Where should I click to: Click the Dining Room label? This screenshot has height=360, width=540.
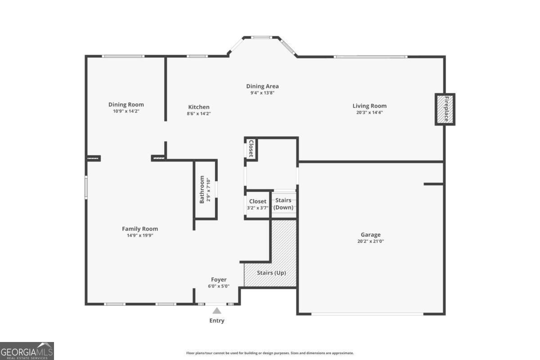click(x=126, y=104)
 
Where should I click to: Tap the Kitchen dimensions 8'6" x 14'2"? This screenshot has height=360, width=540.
click(x=198, y=113)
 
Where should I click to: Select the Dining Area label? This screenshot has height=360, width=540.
click(x=262, y=86)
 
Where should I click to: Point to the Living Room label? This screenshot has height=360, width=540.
click(x=369, y=106)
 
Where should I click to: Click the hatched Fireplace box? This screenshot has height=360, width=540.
click(x=445, y=109)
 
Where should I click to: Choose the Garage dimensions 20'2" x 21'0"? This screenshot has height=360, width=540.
click(x=370, y=241)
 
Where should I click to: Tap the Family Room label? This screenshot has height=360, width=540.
click(x=140, y=229)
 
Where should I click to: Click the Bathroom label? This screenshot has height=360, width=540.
click(x=202, y=189)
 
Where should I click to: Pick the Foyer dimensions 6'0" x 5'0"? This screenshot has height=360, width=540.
click(x=219, y=286)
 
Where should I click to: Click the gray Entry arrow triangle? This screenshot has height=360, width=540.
click(x=217, y=311)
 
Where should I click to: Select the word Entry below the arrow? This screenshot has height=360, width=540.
click(x=217, y=320)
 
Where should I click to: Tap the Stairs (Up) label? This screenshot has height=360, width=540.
click(x=271, y=273)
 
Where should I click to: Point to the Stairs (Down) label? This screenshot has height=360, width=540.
click(x=283, y=204)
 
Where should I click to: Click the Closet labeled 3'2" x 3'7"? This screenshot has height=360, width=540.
click(x=257, y=204)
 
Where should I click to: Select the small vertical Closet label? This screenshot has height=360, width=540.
click(x=251, y=148)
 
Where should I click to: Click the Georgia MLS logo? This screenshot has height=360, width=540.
click(x=27, y=351)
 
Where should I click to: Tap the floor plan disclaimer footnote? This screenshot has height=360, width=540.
click(x=270, y=353)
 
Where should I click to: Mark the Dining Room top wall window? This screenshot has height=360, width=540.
click(x=123, y=56)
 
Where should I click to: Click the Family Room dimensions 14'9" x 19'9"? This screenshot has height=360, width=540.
click(x=140, y=235)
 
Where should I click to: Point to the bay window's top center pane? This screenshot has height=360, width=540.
click(x=261, y=37)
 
